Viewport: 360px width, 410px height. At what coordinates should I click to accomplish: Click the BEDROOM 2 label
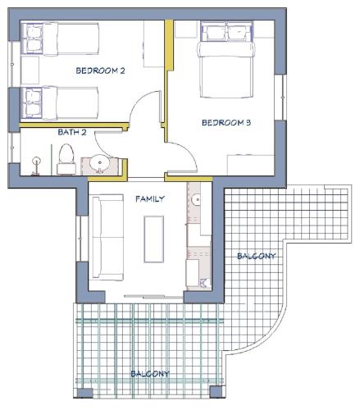100,71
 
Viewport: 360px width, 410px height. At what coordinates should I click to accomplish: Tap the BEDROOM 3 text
226,123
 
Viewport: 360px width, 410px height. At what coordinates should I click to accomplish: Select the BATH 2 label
72,132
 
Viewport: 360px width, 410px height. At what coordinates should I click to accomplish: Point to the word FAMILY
150,198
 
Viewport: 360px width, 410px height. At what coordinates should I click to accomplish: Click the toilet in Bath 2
66,159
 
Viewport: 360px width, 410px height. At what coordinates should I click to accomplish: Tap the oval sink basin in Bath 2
100,163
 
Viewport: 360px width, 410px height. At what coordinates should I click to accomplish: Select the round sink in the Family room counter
196,200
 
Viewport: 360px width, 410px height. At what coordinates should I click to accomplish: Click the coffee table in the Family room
154,239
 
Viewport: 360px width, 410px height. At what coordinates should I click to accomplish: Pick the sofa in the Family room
107,237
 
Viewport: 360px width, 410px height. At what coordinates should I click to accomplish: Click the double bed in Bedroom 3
226,59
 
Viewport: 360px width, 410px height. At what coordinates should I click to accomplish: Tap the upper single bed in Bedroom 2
60,39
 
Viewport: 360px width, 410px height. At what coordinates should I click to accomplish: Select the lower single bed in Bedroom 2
60,103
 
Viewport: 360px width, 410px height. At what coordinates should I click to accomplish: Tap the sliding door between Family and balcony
153,296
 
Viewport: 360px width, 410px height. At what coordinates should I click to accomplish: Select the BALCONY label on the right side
256,256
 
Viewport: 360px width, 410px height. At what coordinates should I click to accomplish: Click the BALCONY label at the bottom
150,374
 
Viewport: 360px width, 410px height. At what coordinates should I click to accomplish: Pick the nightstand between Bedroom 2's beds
30,71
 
